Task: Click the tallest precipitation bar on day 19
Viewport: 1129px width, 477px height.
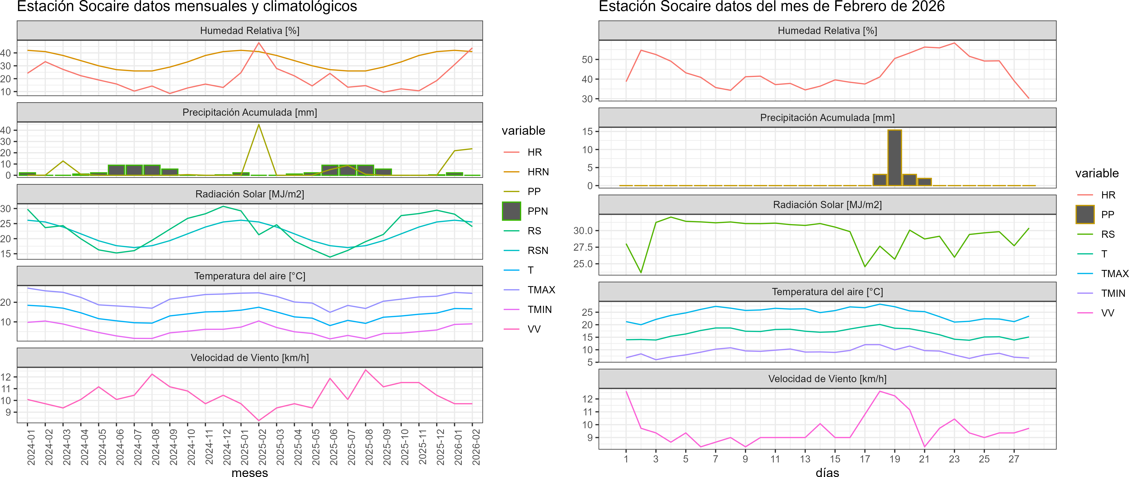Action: [x=894, y=158]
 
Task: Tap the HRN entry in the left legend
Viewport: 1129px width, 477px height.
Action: [x=538, y=172]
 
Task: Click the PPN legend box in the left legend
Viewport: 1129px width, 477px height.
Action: [x=511, y=211]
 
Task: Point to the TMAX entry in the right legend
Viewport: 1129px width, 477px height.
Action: [x=1114, y=274]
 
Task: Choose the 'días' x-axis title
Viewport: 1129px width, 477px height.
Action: [x=827, y=472]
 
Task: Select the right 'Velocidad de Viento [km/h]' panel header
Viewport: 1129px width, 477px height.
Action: [x=827, y=379]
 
